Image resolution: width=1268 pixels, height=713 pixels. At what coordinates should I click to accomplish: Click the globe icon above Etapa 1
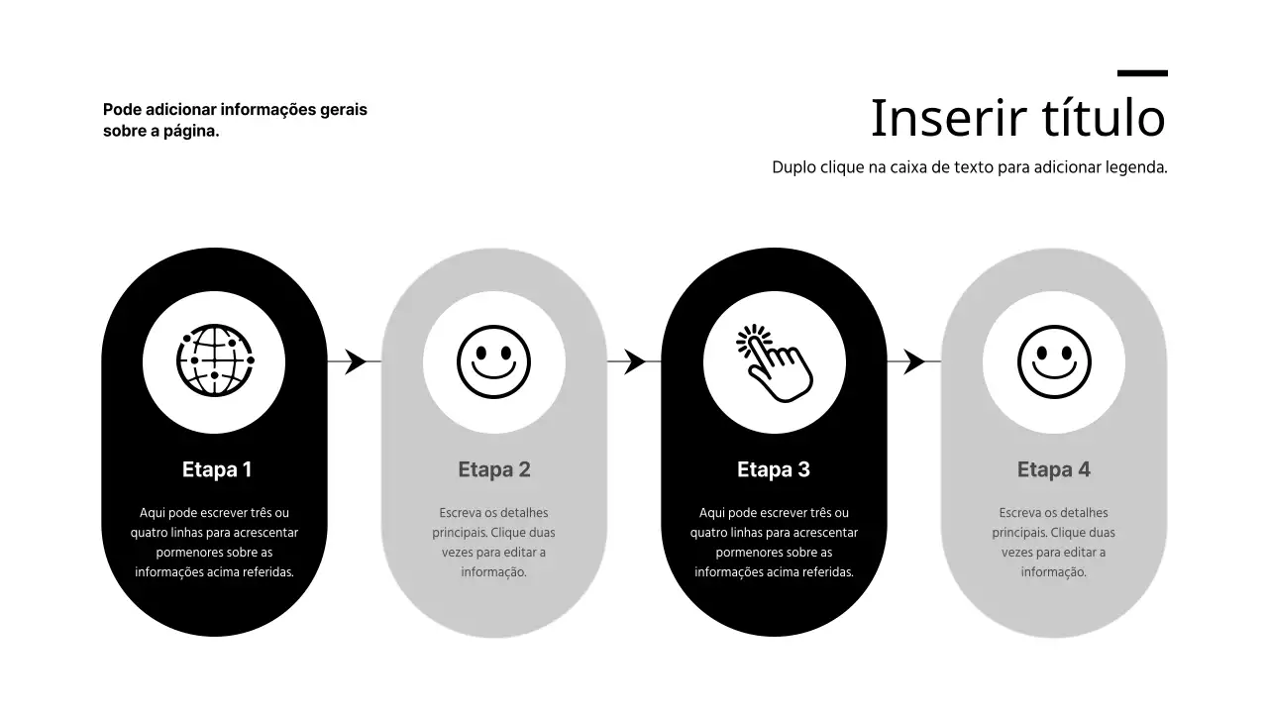(x=215, y=359)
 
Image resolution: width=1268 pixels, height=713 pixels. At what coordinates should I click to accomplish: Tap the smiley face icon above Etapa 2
(x=493, y=361)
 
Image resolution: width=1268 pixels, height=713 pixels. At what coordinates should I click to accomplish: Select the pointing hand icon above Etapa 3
(x=775, y=363)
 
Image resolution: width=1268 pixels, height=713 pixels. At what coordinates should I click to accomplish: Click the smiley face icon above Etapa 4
(x=1054, y=361)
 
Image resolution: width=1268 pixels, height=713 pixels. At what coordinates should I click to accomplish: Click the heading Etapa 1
(x=217, y=469)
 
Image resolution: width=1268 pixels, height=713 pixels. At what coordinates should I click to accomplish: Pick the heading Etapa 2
(x=494, y=469)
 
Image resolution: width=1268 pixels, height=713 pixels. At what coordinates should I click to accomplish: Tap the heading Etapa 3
(x=774, y=469)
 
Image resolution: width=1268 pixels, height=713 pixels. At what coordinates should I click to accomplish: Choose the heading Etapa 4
(x=1053, y=469)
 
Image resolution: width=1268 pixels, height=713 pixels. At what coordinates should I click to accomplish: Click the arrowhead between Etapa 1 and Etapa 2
(x=356, y=361)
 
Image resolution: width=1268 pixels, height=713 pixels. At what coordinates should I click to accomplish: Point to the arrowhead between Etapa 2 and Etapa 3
(x=635, y=361)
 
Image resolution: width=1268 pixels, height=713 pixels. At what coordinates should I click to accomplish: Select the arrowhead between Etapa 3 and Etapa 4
(x=913, y=361)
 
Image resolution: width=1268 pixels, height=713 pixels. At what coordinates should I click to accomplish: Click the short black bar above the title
(x=1142, y=73)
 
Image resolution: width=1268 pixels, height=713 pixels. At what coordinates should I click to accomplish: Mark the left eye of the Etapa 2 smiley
(x=481, y=354)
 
